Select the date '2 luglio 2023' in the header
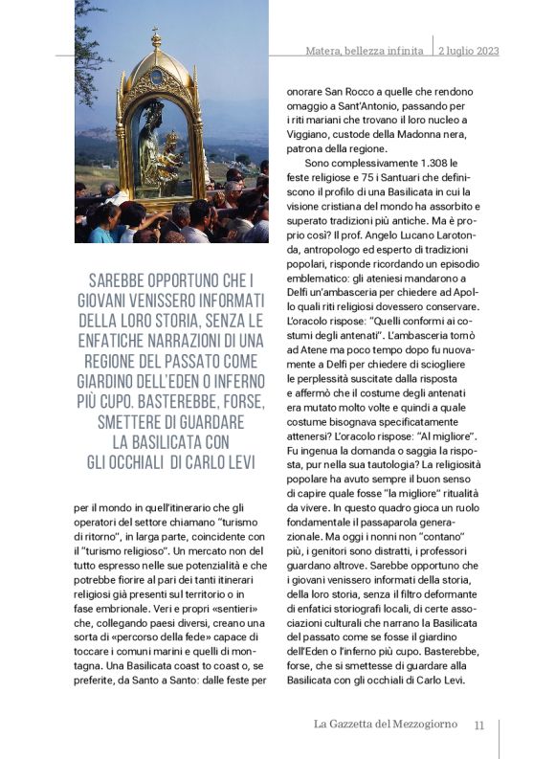(468, 51)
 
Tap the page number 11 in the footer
(479, 725)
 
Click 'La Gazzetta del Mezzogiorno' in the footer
(385, 725)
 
